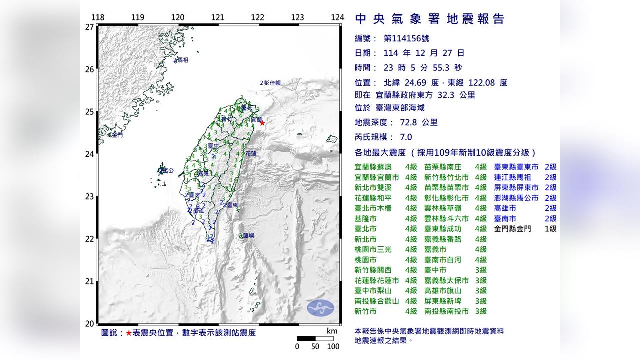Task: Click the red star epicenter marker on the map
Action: click(x=262, y=123)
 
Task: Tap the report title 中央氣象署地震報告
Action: click(x=429, y=19)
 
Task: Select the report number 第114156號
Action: click(x=406, y=38)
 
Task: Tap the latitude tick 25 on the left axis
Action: click(x=90, y=112)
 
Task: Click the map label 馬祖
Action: click(x=182, y=60)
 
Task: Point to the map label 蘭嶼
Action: click(x=248, y=235)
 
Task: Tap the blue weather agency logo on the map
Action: click(x=320, y=307)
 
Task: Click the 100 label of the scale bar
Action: click(x=333, y=347)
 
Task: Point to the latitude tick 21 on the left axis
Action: click(x=90, y=281)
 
